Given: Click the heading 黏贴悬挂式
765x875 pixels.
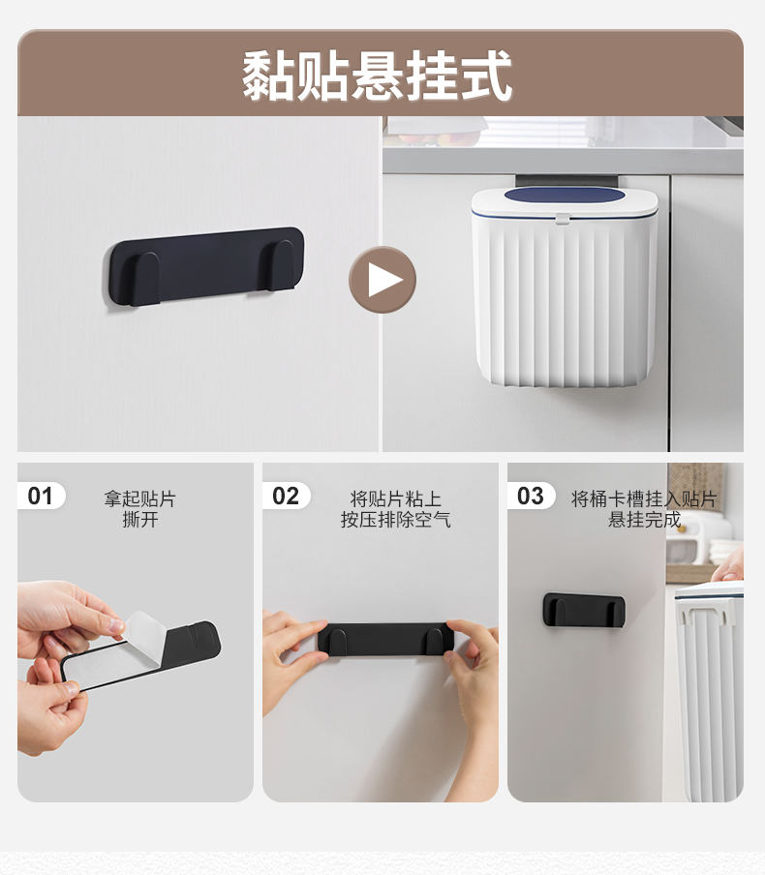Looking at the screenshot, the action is pos(377,75).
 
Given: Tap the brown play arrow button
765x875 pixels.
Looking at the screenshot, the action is pos(382,280).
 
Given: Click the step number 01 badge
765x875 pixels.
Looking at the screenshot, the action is pos(41,496).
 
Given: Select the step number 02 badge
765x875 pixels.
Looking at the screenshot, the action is pos(286,496).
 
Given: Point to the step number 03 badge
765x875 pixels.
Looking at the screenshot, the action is pos(531,496).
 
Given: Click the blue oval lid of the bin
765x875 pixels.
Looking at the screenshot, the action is pos(564,195).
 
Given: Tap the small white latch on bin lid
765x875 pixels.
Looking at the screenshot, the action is pos(563,219).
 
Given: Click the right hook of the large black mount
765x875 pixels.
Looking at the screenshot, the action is pos(282,265).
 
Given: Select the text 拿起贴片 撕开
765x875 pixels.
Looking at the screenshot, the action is pos(139,509).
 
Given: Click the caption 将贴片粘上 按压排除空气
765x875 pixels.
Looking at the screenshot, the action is pos(395,509).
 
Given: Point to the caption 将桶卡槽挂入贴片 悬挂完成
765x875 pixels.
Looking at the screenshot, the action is pos(644,509).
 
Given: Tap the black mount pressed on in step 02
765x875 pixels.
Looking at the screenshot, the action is pos(384,639).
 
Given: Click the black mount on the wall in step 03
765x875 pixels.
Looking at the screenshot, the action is pos(584,610).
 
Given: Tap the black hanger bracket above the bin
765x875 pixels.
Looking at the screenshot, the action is pos(566,181).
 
